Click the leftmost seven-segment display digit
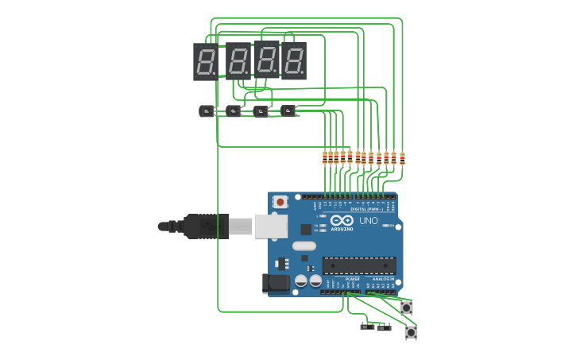point(206,62)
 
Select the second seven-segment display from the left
point(238,61)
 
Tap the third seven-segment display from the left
point(267,60)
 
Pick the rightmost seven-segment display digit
point(294,61)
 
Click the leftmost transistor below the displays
point(207,111)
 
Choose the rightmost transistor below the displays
point(288,110)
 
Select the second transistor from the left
point(234,111)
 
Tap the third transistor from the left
point(261,111)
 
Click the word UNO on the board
point(369,221)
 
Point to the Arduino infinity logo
point(342,221)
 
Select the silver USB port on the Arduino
point(270,226)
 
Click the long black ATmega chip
point(358,265)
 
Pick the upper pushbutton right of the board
point(407,307)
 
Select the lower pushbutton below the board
point(411,332)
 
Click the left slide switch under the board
point(367,326)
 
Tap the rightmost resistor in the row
point(402,158)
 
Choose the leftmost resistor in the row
point(325,157)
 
